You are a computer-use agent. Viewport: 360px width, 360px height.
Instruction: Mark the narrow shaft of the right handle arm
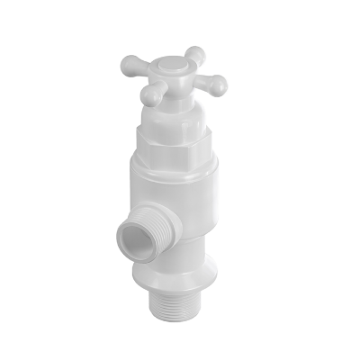(x=202, y=80)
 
